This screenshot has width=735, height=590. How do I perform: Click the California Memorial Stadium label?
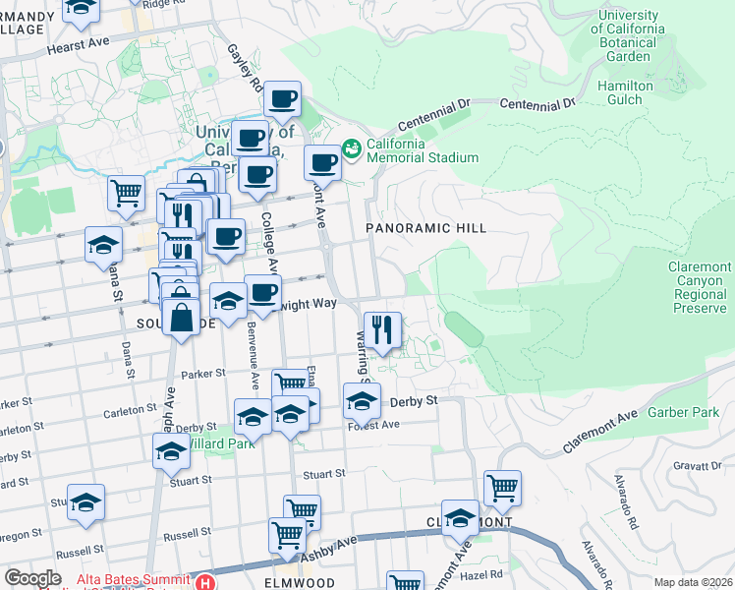[423, 149]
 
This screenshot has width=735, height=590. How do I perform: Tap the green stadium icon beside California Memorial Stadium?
[351, 149]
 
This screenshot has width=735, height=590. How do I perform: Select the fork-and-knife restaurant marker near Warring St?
[381, 329]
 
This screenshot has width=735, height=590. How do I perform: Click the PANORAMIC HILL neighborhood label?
[426, 228]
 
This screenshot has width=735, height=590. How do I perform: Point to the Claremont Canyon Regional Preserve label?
[701, 287]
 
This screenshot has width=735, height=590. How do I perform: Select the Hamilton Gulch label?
[625, 92]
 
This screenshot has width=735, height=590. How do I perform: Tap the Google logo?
[32, 578]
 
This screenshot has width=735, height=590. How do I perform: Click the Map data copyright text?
[694, 582]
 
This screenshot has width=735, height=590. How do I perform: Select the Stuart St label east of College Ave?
[324, 473]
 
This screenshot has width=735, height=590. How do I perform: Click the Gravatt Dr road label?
[699, 467]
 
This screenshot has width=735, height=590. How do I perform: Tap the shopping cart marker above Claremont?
[502, 488]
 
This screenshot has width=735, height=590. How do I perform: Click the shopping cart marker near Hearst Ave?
[127, 194]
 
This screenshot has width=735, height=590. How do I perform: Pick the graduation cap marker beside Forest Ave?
[362, 400]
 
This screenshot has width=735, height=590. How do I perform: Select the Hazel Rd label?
[482, 573]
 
